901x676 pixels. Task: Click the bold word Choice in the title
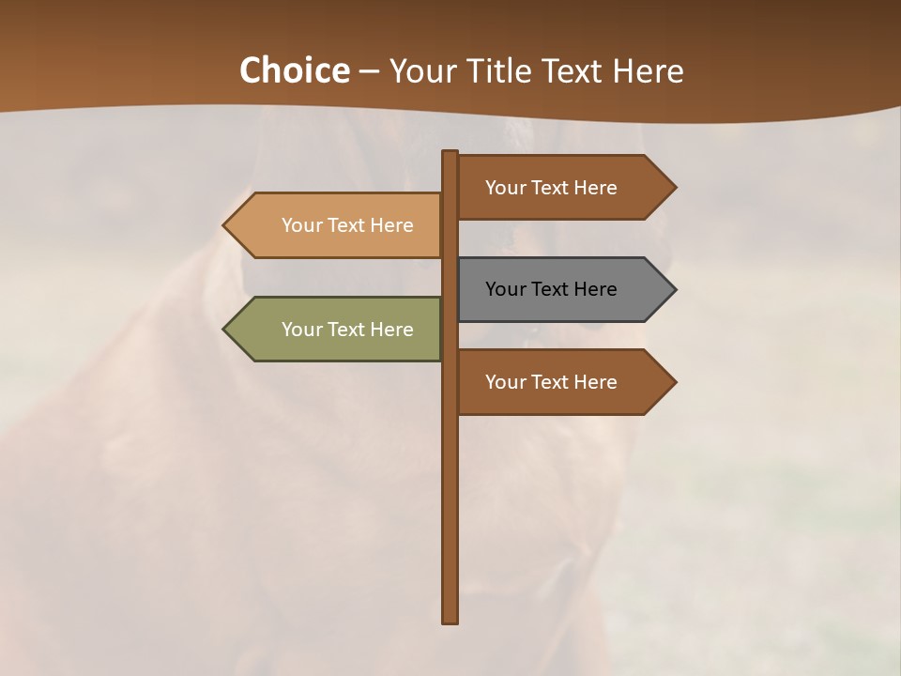pos(294,70)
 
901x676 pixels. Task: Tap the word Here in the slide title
pos(648,70)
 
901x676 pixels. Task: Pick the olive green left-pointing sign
pos(338,330)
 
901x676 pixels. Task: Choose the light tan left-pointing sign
pos(338,225)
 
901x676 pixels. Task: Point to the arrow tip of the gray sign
pos(673,289)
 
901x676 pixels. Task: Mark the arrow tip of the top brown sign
pos(673,188)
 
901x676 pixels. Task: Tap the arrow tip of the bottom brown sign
pos(673,382)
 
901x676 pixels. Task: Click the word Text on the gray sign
pos(551,289)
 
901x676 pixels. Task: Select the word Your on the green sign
pos(301,330)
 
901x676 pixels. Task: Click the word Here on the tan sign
pos(393,225)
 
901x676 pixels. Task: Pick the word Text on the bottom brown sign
pos(551,382)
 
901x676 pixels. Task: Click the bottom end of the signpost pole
pos(450,620)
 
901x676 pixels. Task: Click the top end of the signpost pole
pos(450,154)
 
